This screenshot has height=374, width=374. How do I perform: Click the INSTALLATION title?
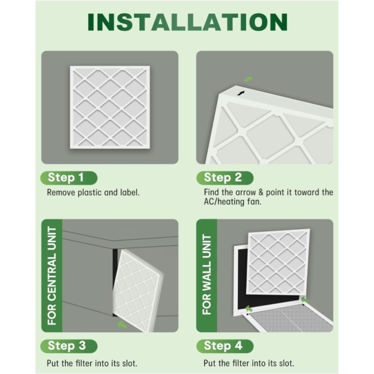point(188,22)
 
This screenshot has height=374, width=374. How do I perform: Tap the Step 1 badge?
point(69,178)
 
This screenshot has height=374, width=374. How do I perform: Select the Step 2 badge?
point(225,178)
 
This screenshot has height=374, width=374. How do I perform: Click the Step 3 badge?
point(69,346)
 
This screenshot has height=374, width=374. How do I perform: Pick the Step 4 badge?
point(225,346)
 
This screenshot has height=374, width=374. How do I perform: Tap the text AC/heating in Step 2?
point(224,202)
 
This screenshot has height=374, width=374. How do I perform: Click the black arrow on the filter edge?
point(241,93)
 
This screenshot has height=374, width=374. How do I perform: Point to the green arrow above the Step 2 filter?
point(248,79)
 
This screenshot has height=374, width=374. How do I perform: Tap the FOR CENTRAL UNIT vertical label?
point(52,276)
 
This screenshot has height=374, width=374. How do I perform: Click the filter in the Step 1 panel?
point(110,107)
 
